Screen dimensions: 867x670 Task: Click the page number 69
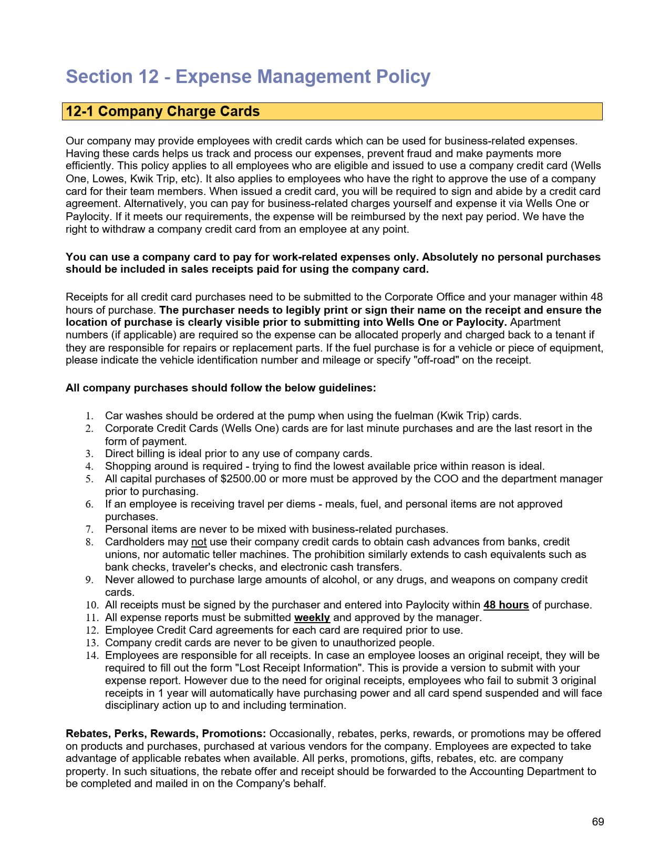tap(597, 822)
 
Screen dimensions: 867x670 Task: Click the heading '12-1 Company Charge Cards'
tap(162, 111)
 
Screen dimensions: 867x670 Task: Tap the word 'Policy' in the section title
tap(403, 77)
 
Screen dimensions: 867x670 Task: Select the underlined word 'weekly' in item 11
tap(312, 617)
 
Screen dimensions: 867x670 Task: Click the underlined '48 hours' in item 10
tap(506, 605)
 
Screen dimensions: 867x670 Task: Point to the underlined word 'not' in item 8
tap(199, 542)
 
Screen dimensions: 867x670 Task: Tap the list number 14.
tap(92, 655)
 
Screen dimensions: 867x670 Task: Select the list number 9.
tap(89, 580)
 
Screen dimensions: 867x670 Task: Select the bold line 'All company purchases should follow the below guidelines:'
tap(221, 388)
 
